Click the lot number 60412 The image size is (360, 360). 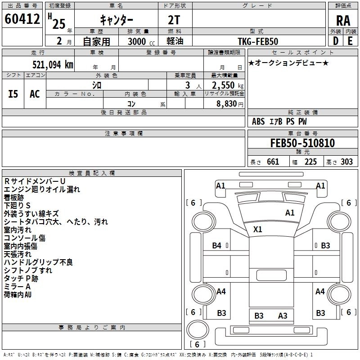[x=22, y=19]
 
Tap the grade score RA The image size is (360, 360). [x=343, y=21]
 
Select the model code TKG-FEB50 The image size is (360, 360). [x=258, y=41]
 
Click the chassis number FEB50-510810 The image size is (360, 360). [x=302, y=143]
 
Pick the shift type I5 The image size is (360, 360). [x=13, y=94]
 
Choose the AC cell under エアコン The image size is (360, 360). [x=35, y=94]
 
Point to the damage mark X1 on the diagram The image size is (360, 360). [x=257, y=229]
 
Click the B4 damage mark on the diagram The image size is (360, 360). [x=217, y=245]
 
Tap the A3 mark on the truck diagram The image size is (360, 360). [x=283, y=315]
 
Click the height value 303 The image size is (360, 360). [x=346, y=162]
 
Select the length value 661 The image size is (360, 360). [x=273, y=162]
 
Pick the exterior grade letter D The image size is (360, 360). [x=335, y=41]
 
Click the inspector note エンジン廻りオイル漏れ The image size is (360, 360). [x=42, y=189]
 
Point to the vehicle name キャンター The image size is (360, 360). [x=116, y=20]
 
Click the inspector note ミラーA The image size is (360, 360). [x=17, y=287]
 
